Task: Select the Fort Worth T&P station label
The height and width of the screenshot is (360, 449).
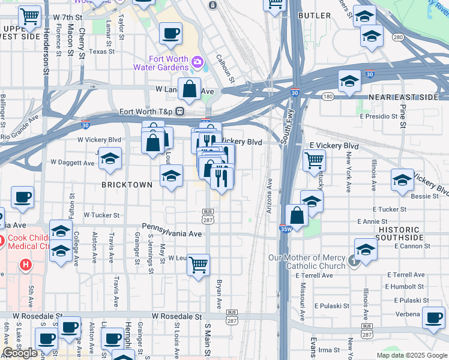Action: click(145, 112)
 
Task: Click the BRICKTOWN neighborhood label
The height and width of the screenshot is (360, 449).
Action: click(128, 185)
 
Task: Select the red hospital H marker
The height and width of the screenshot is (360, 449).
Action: click(25, 264)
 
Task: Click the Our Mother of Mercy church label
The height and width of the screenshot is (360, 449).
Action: click(306, 262)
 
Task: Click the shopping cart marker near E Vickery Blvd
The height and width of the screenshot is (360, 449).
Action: click(314, 160)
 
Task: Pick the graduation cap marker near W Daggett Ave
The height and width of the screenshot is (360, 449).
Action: click(110, 159)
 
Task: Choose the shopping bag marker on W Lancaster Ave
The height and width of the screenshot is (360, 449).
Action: click(189, 89)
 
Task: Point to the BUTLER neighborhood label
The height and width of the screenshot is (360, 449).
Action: click(314, 15)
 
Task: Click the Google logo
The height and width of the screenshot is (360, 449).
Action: click(20, 353)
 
